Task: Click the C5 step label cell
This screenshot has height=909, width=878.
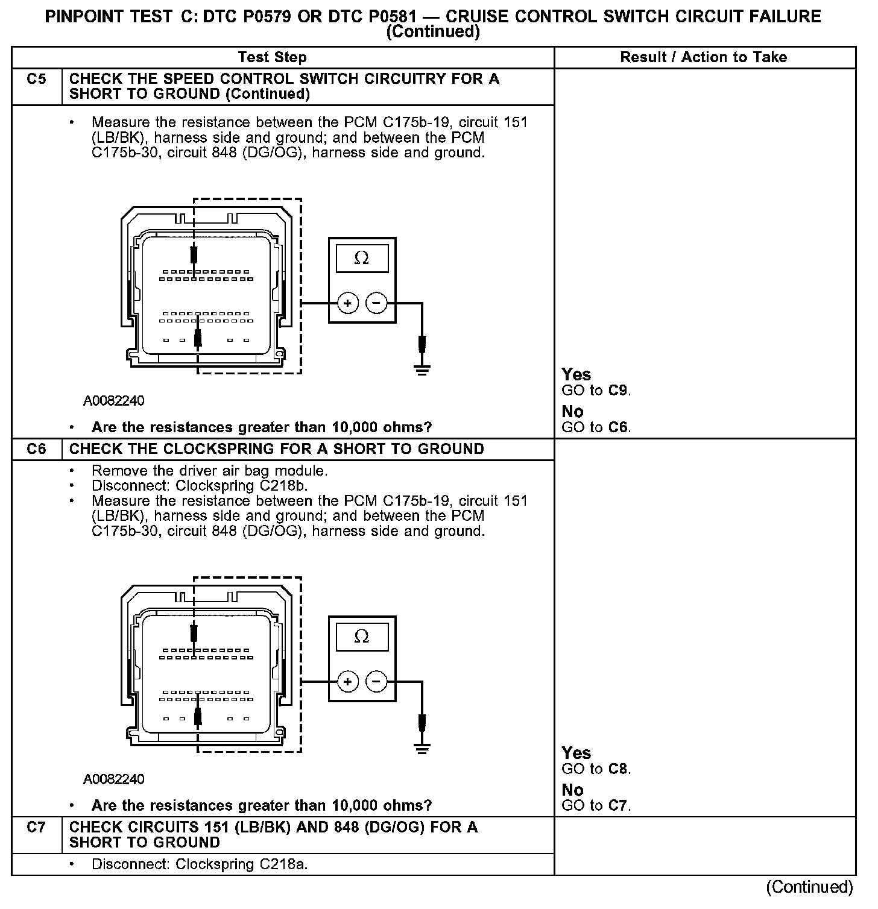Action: [37, 80]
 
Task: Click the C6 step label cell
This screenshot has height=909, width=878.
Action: [37, 449]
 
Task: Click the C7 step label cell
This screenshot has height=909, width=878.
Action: [37, 827]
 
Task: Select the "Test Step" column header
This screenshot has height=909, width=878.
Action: [272, 58]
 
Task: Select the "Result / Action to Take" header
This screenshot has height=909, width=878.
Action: [704, 58]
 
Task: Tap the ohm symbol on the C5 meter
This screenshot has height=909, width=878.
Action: [362, 258]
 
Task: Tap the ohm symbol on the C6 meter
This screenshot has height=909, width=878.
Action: [362, 637]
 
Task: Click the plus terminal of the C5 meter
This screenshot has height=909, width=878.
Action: [347, 303]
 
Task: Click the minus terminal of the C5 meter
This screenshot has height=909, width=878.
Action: [377, 303]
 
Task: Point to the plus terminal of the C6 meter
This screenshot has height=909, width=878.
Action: [347, 682]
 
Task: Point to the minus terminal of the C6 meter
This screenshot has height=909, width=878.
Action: [377, 682]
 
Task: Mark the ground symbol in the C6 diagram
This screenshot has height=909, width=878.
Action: [422, 748]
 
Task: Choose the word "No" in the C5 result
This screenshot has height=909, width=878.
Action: [572, 412]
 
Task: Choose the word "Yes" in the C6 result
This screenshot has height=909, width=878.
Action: [576, 753]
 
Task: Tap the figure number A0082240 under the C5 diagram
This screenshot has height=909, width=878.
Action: [114, 401]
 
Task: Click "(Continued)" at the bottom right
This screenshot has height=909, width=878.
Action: [809, 887]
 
